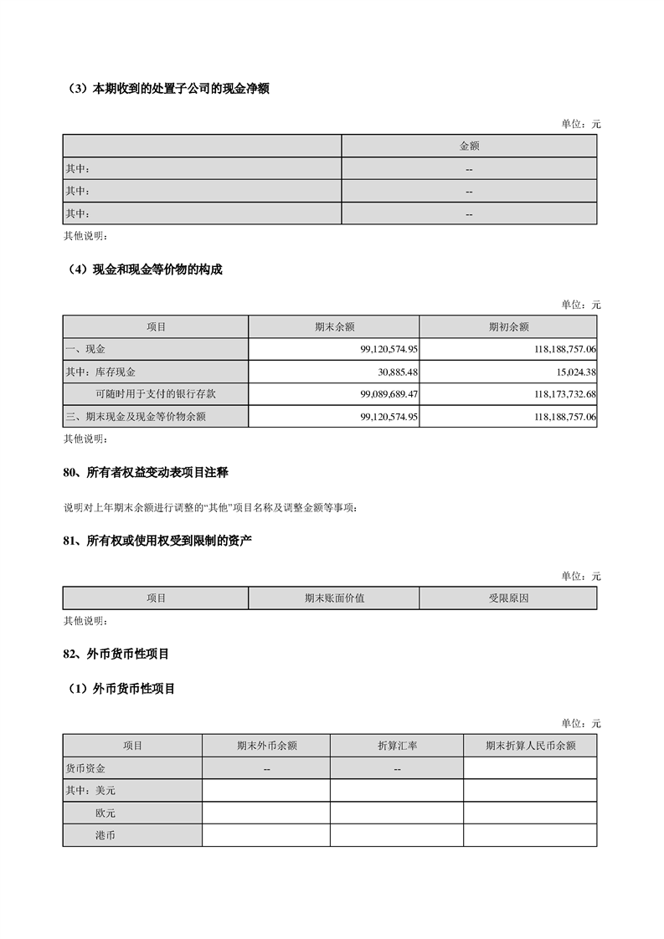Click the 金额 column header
pyautogui.click(x=469, y=146)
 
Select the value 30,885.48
pyautogui.click(x=393, y=371)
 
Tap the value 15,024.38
pyautogui.click(x=570, y=371)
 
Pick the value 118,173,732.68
pyautogui.click(x=553, y=393)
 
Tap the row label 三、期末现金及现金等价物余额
pyautogui.click(x=135, y=416)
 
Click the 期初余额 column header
pyautogui.click(x=508, y=326)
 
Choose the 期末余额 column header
pyautogui.click(x=334, y=326)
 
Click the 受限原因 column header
pyautogui.click(x=508, y=598)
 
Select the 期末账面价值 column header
pyautogui.click(x=334, y=598)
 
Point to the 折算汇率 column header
pyautogui.click(x=397, y=746)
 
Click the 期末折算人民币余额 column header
pyautogui.click(x=530, y=746)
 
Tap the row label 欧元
pyautogui.click(x=106, y=813)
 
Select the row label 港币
pyautogui.click(x=106, y=835)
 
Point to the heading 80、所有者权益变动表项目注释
pyautogui.click(x=146, y=473)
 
